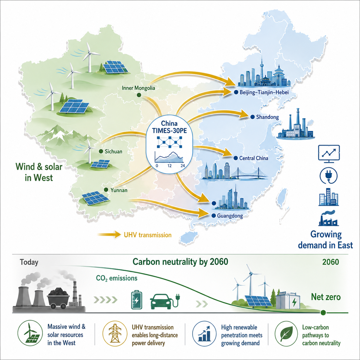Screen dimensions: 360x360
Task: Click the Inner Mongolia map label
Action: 138,88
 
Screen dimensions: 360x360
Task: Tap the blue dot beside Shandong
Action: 252,117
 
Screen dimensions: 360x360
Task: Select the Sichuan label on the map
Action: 113,151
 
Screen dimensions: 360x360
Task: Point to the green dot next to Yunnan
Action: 106,190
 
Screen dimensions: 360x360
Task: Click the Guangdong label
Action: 230,216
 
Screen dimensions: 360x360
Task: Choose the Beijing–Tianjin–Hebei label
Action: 264,92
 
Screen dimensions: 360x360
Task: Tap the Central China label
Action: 254,158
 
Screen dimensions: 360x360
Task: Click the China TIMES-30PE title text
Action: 169,127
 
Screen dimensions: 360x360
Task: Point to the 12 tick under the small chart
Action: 169,166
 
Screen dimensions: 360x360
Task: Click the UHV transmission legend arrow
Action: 109,235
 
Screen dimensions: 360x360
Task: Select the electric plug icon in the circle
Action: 328,176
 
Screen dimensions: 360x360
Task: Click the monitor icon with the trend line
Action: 329,154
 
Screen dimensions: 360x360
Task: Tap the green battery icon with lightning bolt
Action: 137,300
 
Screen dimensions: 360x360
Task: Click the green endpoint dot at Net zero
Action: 323,312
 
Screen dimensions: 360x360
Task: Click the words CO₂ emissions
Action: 117,278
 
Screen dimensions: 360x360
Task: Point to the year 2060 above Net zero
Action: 330,262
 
